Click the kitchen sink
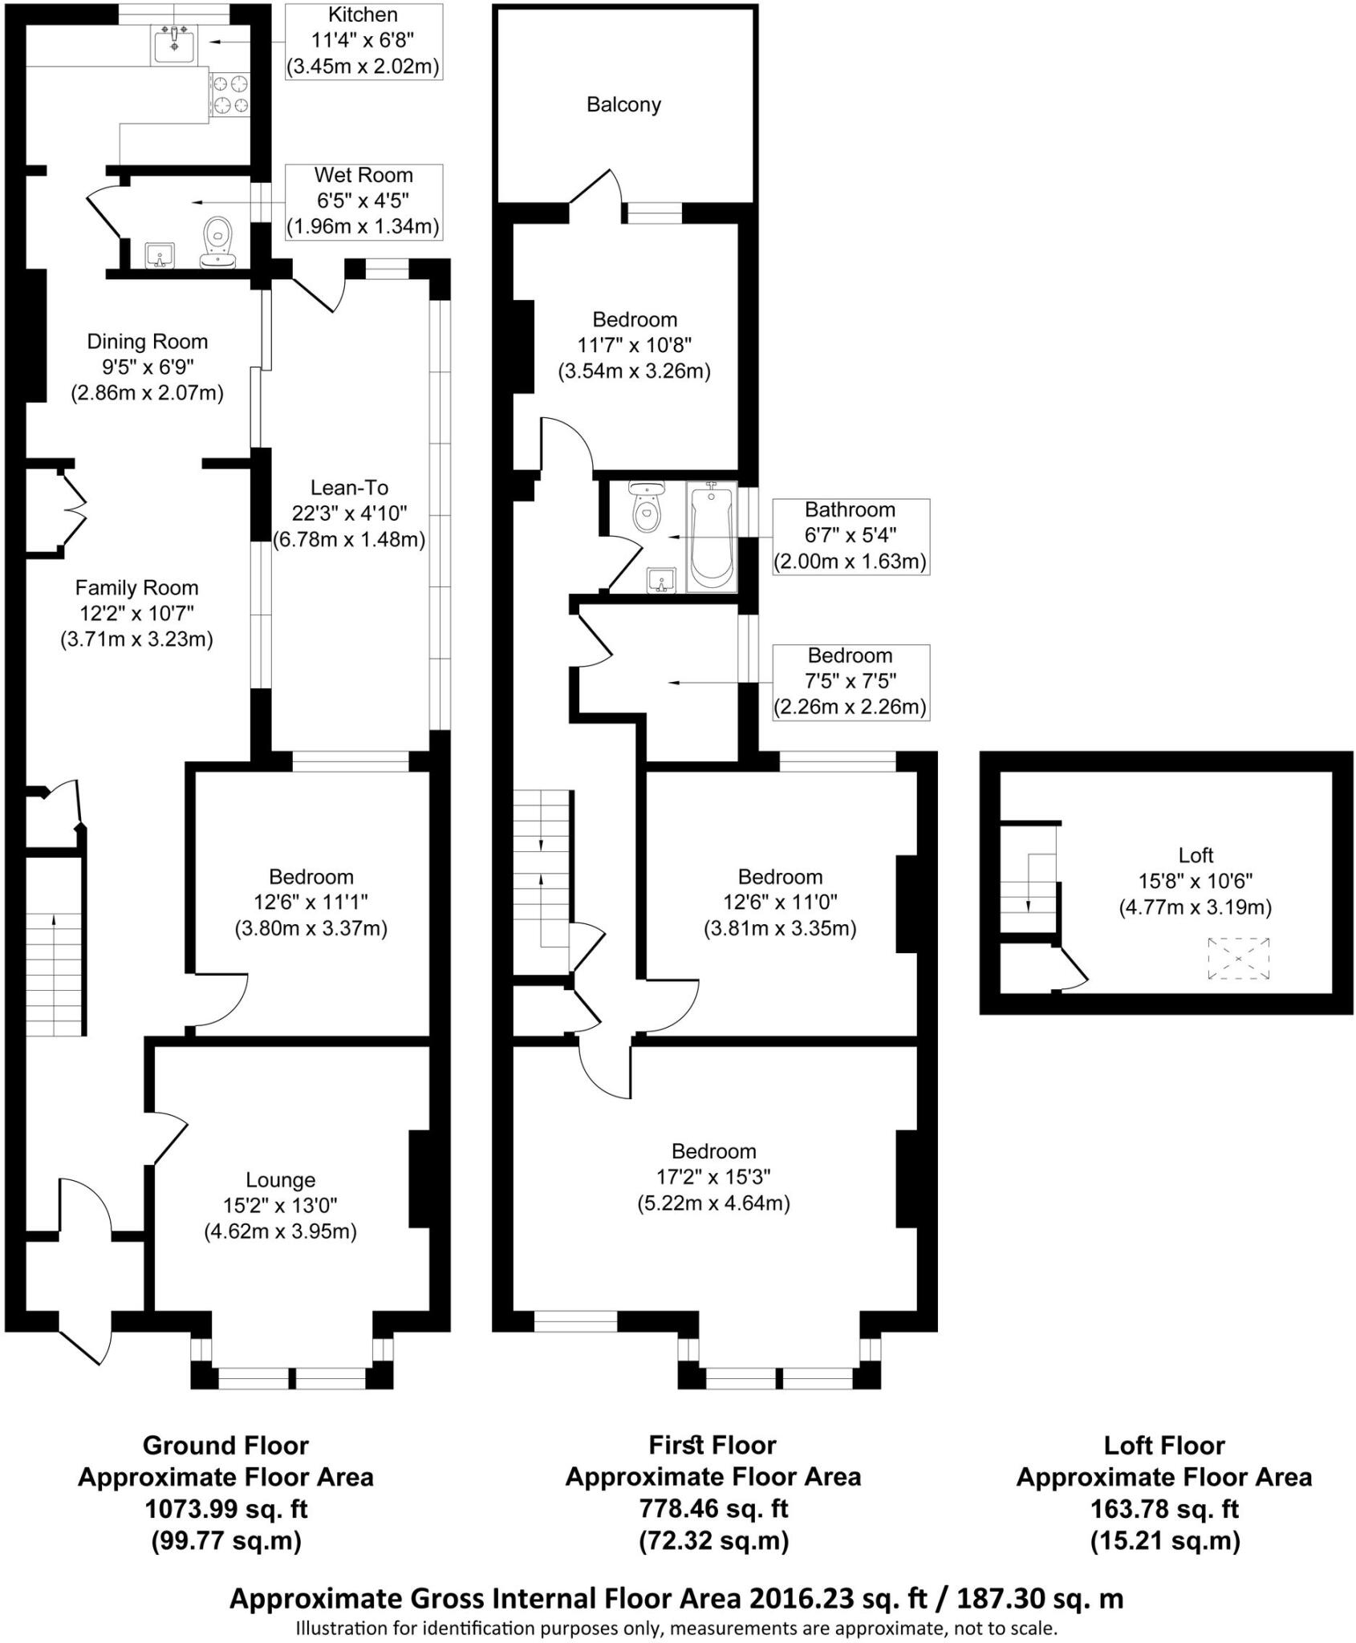[175, 43]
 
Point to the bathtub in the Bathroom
[712, 536]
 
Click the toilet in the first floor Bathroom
[646, 507]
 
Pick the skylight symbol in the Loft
[1239, 959]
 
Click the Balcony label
[623, 105]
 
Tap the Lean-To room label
[350, 488]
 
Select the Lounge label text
[281, 1180]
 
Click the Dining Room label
[148, 342]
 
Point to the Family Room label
[137, 588]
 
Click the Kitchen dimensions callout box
[363, 41]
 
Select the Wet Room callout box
[363, 201]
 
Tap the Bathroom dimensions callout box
[851, 536]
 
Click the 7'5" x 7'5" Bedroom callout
[851, 682]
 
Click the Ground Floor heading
[225, 1446]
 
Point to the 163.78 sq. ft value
[1164, 1509]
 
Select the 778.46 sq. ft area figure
[713, 1509]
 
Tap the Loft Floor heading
[1164, 1446]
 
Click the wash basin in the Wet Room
[160, 257]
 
